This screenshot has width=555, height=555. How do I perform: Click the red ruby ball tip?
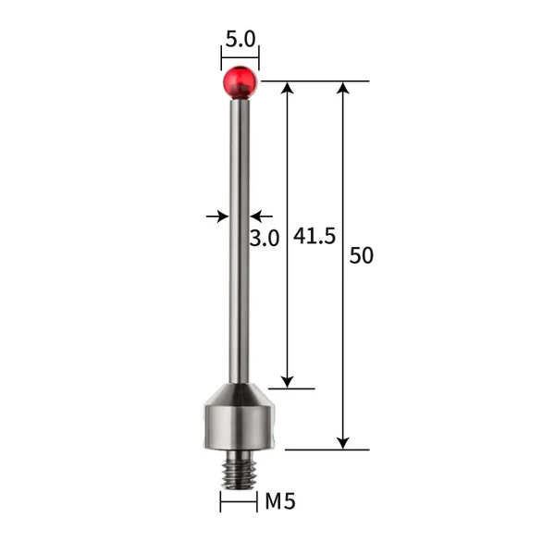click(240, 81)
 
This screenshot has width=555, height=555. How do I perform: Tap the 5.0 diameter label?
click(240, 40)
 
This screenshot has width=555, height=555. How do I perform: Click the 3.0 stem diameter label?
click(265, 238)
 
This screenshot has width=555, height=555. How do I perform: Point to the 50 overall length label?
click(362, 256)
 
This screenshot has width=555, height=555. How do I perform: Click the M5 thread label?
click(279, 502)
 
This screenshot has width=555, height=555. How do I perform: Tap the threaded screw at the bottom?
click(239, 471)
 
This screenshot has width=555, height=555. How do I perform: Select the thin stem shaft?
click(240, 240)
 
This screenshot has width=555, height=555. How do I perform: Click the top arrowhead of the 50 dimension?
click(343, 89)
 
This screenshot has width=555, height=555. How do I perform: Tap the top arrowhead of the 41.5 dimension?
click(288, 89)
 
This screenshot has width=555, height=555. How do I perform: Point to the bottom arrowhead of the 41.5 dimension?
click(288, 380)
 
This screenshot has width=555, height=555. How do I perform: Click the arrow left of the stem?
click(220, 216)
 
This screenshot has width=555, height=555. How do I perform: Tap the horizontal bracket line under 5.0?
click(240, 58)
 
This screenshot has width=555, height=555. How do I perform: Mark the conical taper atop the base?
click(239, 393)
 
